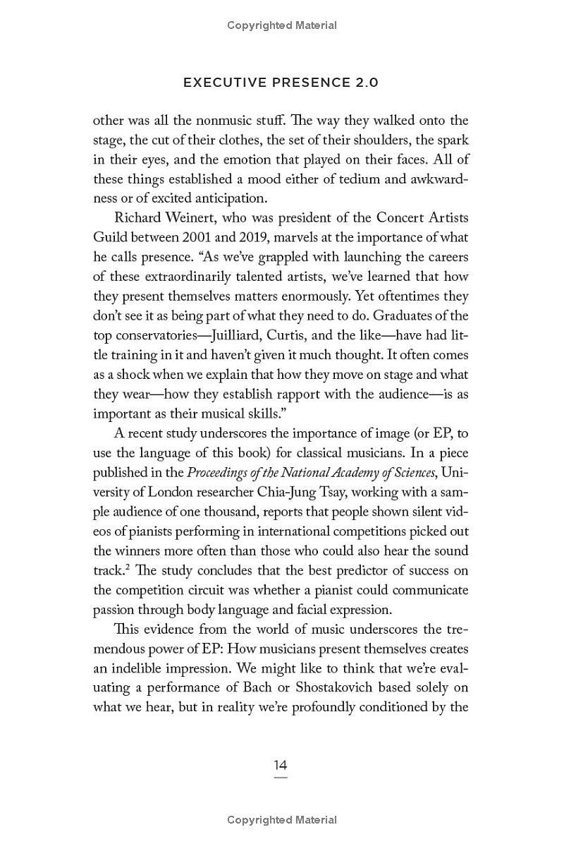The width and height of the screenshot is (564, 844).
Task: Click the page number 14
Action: pyautogui.click(x=281, y=766)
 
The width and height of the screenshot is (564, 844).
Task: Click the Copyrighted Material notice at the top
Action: pyautogui.click(x=282, y=25)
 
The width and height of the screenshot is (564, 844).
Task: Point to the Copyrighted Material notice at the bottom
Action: pyautogui.click(x=282, y=820)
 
